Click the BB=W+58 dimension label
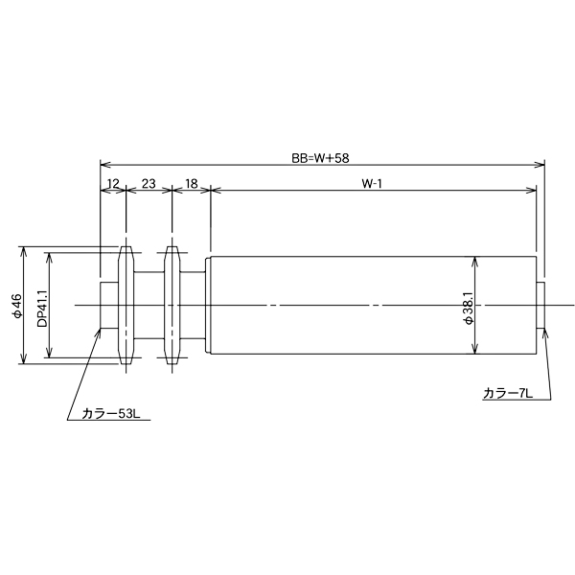(x=320, y=158)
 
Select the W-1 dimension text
(x=372, y=184)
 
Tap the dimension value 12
(x=113, y=183)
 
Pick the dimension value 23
(x=149, y=183)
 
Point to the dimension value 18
(x=192, y=183)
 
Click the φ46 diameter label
(x=17, y=306)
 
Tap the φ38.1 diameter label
(x=469, y=309)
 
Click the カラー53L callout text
(x=110, y=414)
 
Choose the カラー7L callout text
(x=507, y=394)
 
